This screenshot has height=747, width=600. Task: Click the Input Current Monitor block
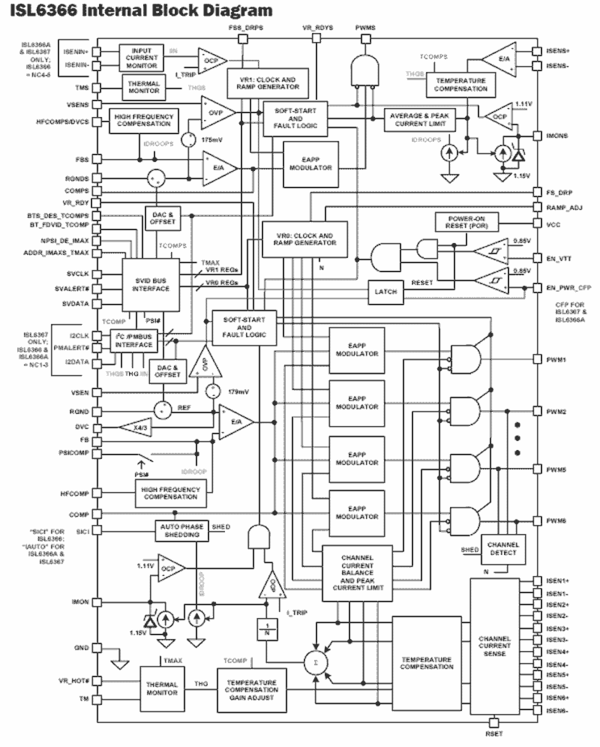tap(141, 58)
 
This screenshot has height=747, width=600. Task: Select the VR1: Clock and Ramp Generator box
tap(268, 84)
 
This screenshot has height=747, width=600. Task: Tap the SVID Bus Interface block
tap(151, 285)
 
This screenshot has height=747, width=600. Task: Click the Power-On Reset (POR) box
tap(466, 222)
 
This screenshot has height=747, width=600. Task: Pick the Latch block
tap(386, 292)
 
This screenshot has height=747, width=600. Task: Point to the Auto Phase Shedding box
tap(182, 531)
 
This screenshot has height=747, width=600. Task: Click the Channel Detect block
tap(503, 548)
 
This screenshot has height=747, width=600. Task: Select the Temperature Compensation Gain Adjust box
tap(251, 690)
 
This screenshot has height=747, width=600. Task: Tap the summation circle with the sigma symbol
tap(316, 662)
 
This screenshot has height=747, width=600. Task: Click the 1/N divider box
tap(267, 630)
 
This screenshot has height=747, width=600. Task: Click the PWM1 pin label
tap(556, 360)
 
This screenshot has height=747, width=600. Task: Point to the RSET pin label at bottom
tap(494, 734)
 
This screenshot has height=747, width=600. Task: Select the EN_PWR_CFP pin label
tap(568, 288)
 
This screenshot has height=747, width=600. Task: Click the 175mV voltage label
tap(211, 140)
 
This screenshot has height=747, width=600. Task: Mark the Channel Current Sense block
tap(494, 646)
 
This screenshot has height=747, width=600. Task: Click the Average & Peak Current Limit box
tap(419, 119)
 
